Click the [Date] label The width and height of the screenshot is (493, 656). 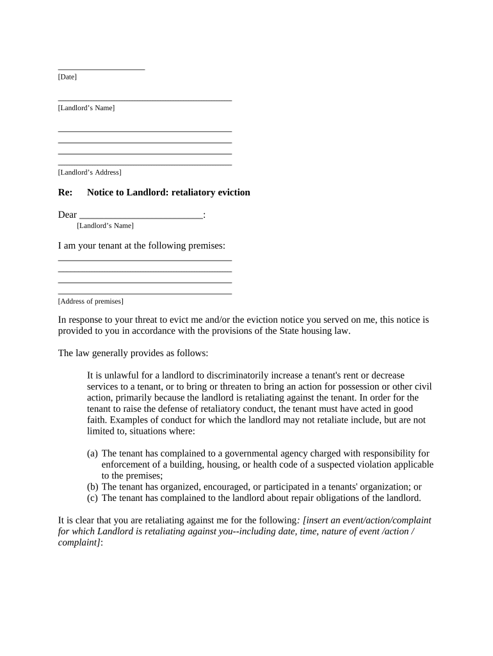click(67, 77)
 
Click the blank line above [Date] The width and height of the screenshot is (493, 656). click(101, 68)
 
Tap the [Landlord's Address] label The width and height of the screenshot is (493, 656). click(90, 172)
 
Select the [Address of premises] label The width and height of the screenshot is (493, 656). click(91, 301)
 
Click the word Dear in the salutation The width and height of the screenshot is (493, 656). click(67, 215)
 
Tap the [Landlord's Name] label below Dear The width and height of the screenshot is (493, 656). click(105, 225)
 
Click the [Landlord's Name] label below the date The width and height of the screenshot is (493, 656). click(86, 108)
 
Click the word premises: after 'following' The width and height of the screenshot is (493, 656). click(205, 245)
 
